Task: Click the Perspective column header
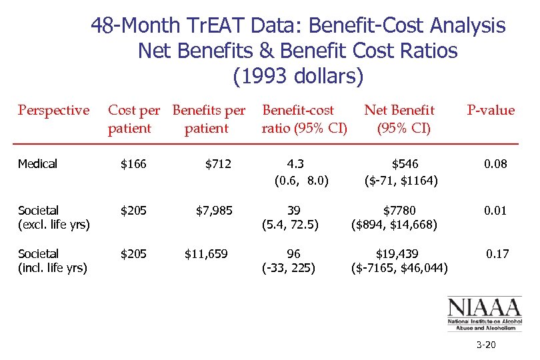click(x=53, y=111)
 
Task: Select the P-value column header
click(x=491, y=111)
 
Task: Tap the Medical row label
click(x=38, y=164)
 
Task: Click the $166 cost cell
click(x=133, y=164)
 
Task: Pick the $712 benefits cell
click(x=218, y=164)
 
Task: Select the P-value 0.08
click(x=495, y=164)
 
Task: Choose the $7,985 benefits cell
click(x=214, y=211)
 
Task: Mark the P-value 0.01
click(x=495, y=211)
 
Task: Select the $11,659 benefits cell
click(x=209, y=254)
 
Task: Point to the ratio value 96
click(x=293, y=254)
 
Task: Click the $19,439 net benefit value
click(x=398, y=254)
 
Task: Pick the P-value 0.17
click(x=497, y=254)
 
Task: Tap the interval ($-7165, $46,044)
click(x=399, y=269)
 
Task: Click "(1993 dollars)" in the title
click(x=298, y=76)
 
